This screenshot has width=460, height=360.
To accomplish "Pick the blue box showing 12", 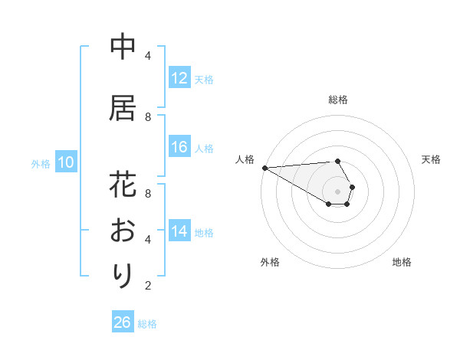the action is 179,78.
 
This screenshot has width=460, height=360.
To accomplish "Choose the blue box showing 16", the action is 179,147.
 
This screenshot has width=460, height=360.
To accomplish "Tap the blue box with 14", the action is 179,231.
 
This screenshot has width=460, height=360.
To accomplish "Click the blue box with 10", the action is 65,162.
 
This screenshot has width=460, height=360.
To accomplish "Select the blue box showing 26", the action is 122,322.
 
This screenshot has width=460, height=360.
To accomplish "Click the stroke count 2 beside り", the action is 148,286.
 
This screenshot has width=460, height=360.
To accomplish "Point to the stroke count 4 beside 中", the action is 148,55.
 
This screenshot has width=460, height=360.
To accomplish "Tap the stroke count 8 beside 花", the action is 148,185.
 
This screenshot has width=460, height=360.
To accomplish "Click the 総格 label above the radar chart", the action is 337,100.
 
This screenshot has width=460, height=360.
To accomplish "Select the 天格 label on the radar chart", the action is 431,159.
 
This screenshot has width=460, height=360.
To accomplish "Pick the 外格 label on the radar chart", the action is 269,262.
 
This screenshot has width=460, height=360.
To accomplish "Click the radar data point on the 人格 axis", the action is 264,167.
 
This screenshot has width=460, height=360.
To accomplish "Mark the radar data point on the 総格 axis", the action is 337,161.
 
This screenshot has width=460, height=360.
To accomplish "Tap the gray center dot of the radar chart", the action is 337,191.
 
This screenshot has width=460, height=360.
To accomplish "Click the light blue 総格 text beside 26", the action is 147,323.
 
